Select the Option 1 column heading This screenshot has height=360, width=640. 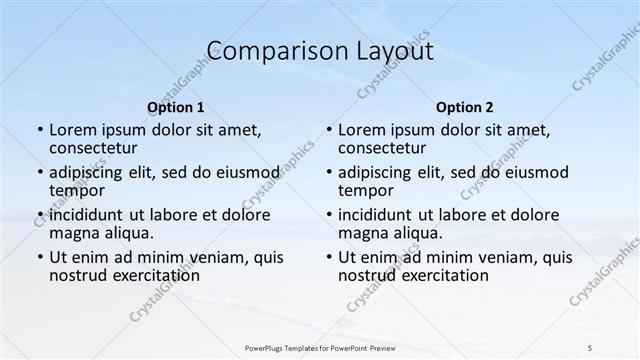point(176,107)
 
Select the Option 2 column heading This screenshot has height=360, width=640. point(465,107)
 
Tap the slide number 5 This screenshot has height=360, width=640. point(590,346)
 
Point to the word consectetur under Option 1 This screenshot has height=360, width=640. point(95,148)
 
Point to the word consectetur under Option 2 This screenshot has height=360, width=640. point(384,148)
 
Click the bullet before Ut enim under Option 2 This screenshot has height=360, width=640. point(328,257)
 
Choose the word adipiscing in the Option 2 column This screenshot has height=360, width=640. point(376,172)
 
